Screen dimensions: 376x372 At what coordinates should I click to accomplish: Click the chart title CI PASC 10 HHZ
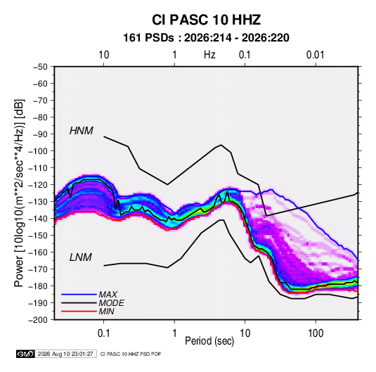[x=206, y=20]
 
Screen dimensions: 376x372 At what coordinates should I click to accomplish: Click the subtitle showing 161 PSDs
[x=206, y=38]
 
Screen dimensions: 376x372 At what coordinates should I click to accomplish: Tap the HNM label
[x=82, y=131]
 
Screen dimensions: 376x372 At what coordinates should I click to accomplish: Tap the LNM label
[x=81, y=257]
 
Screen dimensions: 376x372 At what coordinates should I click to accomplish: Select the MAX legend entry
[x=108, y=294]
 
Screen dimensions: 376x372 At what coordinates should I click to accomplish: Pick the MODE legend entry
[x=111, y=303]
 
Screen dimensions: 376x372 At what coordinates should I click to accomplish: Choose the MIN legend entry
[x=106, y=312]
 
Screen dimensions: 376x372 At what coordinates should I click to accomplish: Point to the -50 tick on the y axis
[x=40, y=67]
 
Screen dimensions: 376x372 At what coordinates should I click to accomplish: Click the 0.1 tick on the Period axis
[x=103, y=333]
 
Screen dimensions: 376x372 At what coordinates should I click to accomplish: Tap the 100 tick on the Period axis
[x=316, y=333]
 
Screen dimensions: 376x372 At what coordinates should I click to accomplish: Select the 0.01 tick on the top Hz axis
[x=315, y=55]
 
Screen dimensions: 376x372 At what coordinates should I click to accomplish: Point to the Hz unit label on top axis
[x=209, y=55]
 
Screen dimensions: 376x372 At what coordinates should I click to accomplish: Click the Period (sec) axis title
[x=209, y=341]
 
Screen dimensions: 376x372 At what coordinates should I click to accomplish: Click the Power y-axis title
[x=19, y=193]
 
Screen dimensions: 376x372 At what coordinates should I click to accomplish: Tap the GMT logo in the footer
[x=26, y=354]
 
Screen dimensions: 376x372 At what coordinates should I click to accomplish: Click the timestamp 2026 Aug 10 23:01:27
[x=65, y=354]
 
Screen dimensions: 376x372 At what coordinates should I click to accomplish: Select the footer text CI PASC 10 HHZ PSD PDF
[x=131, y=354]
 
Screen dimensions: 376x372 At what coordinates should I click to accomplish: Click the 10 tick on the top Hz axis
[x=103, y=55]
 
